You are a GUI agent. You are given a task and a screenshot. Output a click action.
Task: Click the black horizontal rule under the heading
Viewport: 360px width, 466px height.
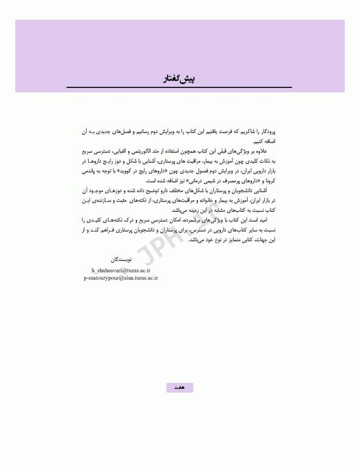178,89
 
